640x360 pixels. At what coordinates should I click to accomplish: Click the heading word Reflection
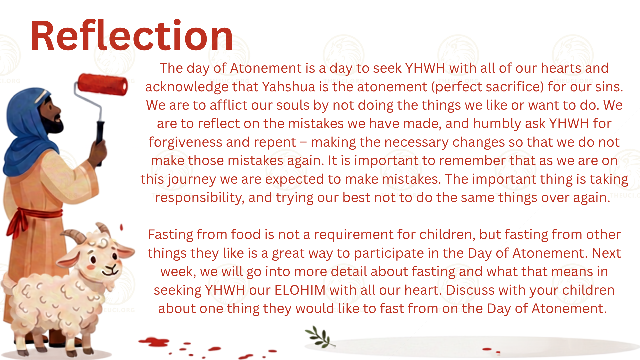click(132, 36)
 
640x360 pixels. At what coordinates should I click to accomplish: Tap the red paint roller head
click(103, 85)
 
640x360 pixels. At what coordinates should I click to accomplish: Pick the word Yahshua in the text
click(288, 87)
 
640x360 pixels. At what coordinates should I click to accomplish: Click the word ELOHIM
click(300, 290)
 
